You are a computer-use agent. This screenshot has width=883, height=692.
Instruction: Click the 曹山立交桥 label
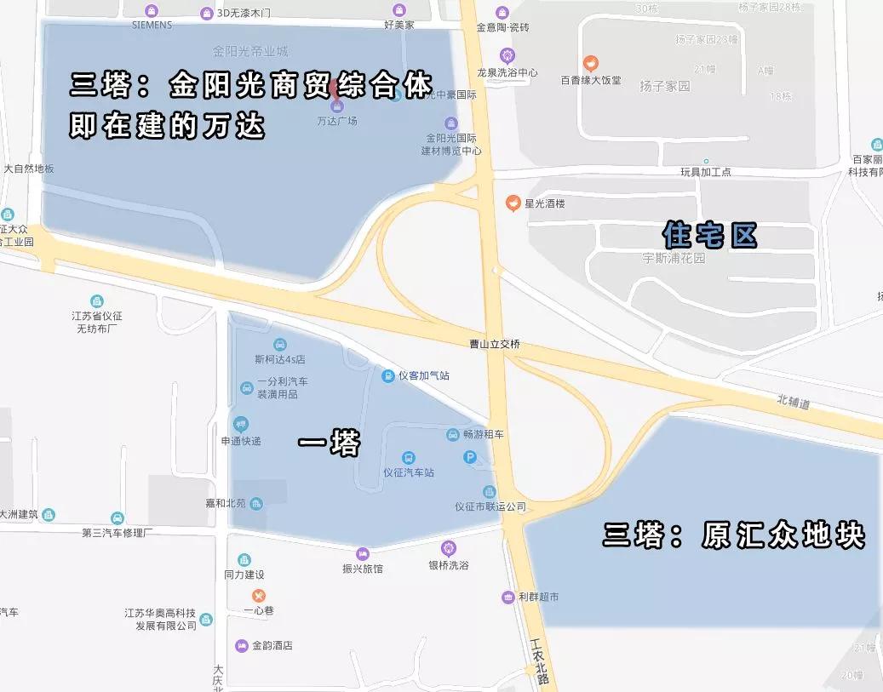point(494,345)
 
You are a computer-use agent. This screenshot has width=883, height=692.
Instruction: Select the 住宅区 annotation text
point(710,235)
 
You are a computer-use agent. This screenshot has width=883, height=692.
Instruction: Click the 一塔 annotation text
point(330,443)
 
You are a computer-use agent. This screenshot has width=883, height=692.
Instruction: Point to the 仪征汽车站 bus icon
point(409,457)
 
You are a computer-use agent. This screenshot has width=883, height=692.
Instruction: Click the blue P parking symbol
point(469,458)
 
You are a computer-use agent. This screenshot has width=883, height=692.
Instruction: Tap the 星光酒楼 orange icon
point(513,203)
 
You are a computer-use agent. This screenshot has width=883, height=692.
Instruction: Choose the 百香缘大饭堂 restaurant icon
point(589,63)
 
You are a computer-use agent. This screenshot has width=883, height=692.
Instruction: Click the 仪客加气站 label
point(423,375)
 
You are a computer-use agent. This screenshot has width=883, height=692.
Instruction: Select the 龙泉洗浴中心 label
point(507,73)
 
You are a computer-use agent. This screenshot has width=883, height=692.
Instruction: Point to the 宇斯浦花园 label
point(674,258)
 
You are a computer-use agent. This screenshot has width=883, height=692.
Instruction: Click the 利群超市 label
point(538,597)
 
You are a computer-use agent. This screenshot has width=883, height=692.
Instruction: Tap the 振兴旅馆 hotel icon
point(363,553)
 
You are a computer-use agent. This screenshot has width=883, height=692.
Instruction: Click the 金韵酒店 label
point(271,645)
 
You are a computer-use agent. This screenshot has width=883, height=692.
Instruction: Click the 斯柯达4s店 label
point(279,359)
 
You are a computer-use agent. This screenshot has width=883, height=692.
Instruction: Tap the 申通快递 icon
point(241,424)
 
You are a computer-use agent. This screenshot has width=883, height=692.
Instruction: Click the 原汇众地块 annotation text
point(783,535)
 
